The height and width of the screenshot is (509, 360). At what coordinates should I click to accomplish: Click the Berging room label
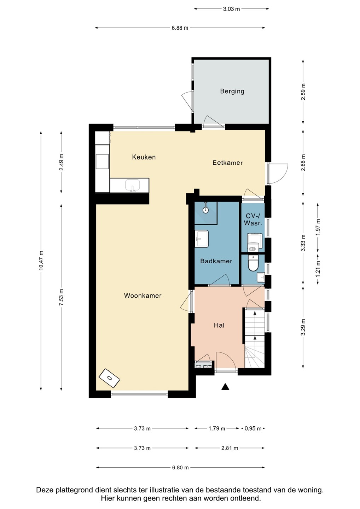(x=232, y=91)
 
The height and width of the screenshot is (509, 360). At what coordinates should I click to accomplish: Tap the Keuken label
(x=144, y=157)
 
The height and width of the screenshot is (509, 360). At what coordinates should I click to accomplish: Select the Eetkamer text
(x=228, y=163)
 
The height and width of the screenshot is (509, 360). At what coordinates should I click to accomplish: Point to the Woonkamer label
(x=143, y=296)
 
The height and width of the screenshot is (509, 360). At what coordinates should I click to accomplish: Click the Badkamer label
(x=216, y=261)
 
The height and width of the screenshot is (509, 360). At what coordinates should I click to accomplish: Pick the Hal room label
(x=219, y=326)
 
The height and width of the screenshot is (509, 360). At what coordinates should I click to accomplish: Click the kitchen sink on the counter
(x=133, y=185)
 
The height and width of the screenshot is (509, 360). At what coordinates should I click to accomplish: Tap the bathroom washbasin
(x=202, y=238)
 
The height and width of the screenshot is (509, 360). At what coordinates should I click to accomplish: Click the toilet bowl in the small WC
(x=253, y=263)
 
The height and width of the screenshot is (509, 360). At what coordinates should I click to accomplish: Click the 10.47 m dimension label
(x=41, y=261)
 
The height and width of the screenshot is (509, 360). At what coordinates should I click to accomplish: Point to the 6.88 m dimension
(x=180, y=28)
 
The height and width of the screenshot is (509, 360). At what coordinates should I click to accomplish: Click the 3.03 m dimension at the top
(x=231, y=9)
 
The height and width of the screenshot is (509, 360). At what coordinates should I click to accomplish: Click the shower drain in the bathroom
(x=206, y=210)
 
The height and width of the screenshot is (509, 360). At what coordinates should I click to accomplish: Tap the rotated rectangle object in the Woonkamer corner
(x=109, y=378)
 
